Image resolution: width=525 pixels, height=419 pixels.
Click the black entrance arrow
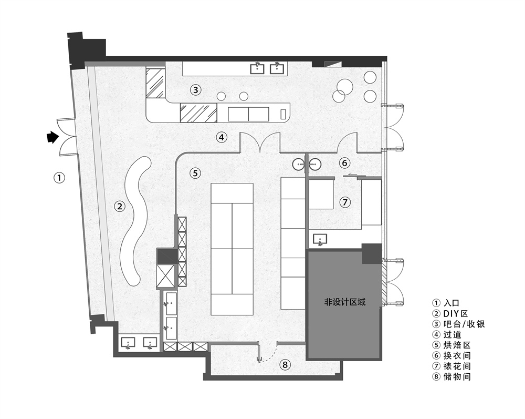click(52, 137)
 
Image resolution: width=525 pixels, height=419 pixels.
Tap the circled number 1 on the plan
click(59, 178)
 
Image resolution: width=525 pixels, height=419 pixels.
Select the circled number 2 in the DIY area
click(120, 206)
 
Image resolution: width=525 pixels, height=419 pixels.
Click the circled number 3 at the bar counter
click(196, 90)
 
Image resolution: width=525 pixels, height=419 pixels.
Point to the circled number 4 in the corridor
click(222, 137)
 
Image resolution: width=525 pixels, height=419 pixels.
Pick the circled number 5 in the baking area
click(195, 173)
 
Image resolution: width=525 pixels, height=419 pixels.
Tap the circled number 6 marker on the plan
click(344, 163)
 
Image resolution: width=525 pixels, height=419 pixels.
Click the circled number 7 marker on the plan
click(345, 202)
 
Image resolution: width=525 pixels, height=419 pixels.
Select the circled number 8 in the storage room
click(285, 364)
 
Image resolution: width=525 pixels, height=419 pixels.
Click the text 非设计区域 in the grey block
click(345, 302)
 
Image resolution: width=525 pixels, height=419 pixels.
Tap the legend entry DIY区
click(456, 314)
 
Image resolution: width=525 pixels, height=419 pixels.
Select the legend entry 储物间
click(457, 376)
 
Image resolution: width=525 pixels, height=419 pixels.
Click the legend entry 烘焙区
click(457, 345)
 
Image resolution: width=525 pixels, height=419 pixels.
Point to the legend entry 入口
click(451, 303)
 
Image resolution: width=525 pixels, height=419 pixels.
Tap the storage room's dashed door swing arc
click(269, 355)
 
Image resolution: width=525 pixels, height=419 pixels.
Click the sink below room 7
click(320, 240)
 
